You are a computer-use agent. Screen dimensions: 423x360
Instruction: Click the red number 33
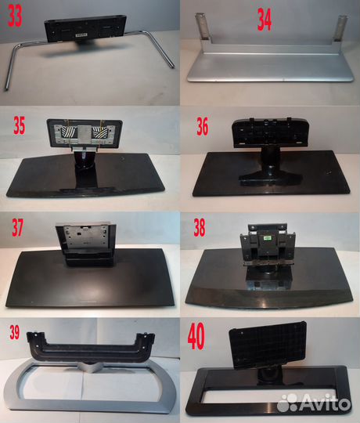(x=16, y=17)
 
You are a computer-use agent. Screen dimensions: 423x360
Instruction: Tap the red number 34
(x=265, y=21)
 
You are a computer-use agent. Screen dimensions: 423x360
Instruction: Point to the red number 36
(x=203, y=127)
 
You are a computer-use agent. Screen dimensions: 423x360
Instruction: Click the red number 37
(x=17, y=229)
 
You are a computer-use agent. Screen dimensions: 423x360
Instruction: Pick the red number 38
(x=200, y=229)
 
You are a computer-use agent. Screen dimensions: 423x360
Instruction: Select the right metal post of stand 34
(x=339, y=30)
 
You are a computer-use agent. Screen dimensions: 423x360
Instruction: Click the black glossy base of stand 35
(x=86, y=176)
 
